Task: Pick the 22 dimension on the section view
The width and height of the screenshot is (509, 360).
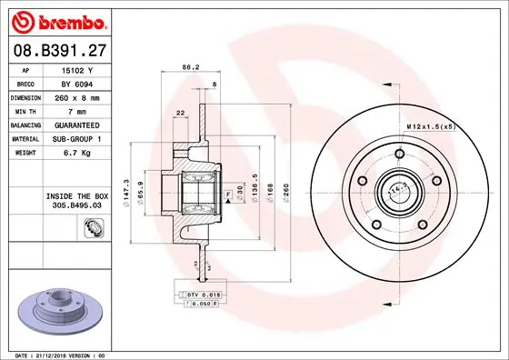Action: (x=181, y=111)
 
